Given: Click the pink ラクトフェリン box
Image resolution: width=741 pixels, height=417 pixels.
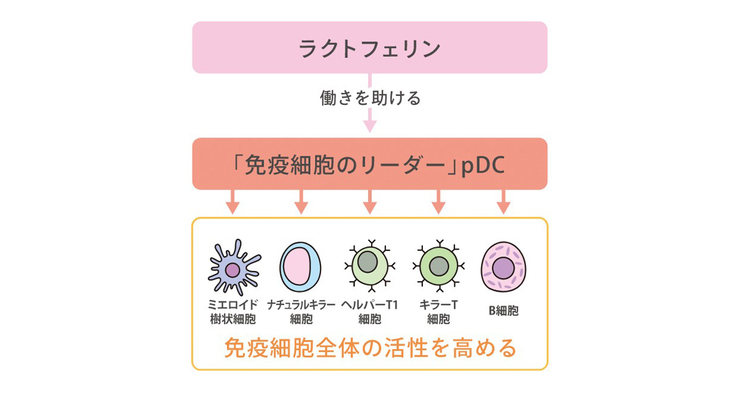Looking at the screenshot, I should click(x=369, y=48).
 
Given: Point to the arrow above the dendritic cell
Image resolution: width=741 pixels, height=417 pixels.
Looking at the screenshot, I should click(x=232, y=202).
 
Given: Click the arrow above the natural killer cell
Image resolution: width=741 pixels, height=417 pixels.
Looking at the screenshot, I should click(x=301, y=202).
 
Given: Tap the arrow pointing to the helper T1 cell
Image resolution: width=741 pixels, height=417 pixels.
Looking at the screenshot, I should click(x=369, y=202).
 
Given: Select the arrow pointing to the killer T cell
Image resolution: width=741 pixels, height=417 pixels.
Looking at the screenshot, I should click(x=438, y=202).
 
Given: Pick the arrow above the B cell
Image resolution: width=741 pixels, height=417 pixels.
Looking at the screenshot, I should click(x=503, y=202).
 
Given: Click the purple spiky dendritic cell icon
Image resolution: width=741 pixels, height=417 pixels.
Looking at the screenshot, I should click(x=233, y=267).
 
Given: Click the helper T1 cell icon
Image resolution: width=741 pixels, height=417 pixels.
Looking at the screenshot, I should click(x=369, y=265).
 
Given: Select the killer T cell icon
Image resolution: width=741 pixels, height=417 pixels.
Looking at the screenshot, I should click(x=438, y=265).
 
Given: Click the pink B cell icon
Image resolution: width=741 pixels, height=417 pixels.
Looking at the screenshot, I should click(x=503, y=267).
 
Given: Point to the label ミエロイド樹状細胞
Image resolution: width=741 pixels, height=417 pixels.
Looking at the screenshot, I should click(x=233, y=312).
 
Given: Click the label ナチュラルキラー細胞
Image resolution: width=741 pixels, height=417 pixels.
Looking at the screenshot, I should click(x=301, y=312).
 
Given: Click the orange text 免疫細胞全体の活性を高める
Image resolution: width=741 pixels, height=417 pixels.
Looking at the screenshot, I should click(x=370, y=348).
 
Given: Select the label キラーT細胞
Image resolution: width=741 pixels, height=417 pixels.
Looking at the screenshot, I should click(x=438, y=312).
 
